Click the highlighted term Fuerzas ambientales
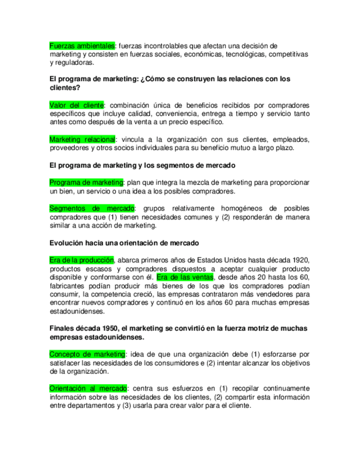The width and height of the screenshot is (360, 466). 82,46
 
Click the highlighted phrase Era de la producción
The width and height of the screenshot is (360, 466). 81,260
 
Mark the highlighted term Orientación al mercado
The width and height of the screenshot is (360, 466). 88,389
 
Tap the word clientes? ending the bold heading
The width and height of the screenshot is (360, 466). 65,87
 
